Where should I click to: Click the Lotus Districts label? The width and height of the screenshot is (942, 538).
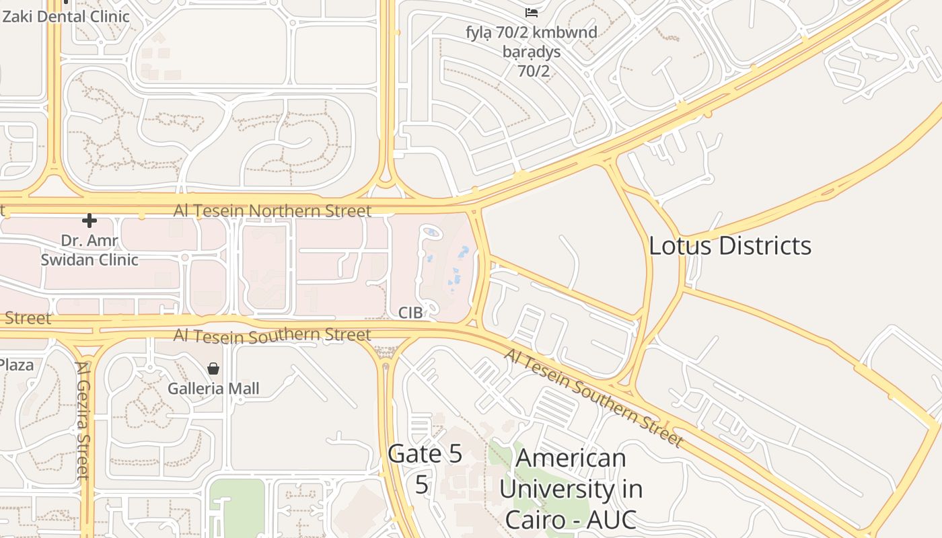point(730,246)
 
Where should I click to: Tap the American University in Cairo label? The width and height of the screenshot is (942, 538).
point(571,488)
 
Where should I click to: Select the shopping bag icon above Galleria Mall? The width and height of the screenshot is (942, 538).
point(213,369)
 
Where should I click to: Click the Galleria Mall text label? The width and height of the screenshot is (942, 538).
point(213,389)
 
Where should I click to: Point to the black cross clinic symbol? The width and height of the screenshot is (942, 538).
point(89,221)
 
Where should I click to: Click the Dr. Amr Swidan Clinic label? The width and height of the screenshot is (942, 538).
point(89,250)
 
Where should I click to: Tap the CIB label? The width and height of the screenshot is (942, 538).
point(410,313)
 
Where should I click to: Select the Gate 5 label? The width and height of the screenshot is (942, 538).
point(425,455)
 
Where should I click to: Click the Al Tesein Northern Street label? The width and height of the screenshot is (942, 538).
point(273,211)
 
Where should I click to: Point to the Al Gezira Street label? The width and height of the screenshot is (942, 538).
point(83,420)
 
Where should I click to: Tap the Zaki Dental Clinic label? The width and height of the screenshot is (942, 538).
point(66,15)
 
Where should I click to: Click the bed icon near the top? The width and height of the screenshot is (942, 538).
point(532,13)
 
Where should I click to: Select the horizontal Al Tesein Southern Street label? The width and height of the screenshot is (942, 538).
point(273,335)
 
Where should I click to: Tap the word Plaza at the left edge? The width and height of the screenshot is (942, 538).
point(16,365)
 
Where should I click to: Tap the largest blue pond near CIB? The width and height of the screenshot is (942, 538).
point(464,252)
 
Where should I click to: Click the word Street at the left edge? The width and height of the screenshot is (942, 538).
point(27,318)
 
